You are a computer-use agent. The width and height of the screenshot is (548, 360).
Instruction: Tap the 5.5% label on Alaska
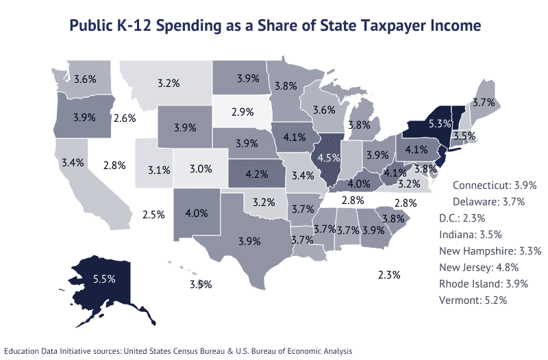point(103,279)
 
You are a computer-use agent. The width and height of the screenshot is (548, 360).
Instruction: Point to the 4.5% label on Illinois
point(330,157)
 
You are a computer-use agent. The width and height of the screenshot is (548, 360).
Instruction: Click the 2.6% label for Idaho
point(125,118)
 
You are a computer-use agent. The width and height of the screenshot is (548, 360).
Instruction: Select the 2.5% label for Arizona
point(153,214)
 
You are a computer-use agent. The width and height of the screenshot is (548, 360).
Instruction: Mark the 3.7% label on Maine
point(484,103)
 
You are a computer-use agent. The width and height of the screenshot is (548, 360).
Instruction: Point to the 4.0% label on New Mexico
point(196,213)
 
